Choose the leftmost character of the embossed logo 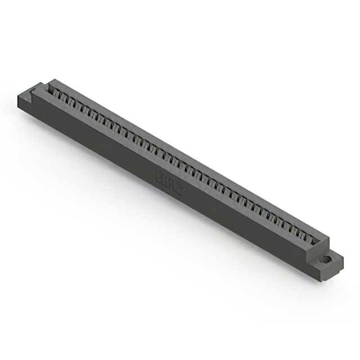pos(158,177)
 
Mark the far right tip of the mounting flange pos(343,259)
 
